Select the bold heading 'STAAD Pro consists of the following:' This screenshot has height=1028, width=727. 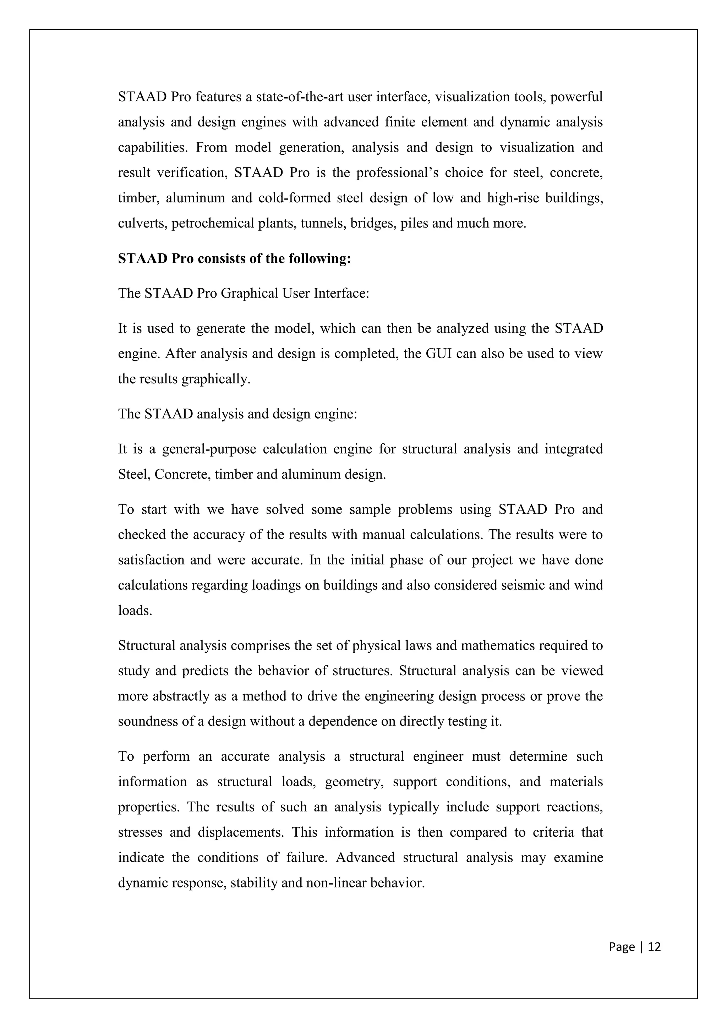234,259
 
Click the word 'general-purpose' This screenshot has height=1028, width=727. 209,449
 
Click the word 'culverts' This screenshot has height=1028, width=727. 142,223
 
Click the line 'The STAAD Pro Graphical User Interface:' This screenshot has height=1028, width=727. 244,293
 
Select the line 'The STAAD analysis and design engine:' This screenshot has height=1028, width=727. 237,414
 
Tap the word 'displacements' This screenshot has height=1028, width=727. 240,832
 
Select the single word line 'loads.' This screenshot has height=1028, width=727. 135,611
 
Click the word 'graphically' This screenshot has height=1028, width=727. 216,379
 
